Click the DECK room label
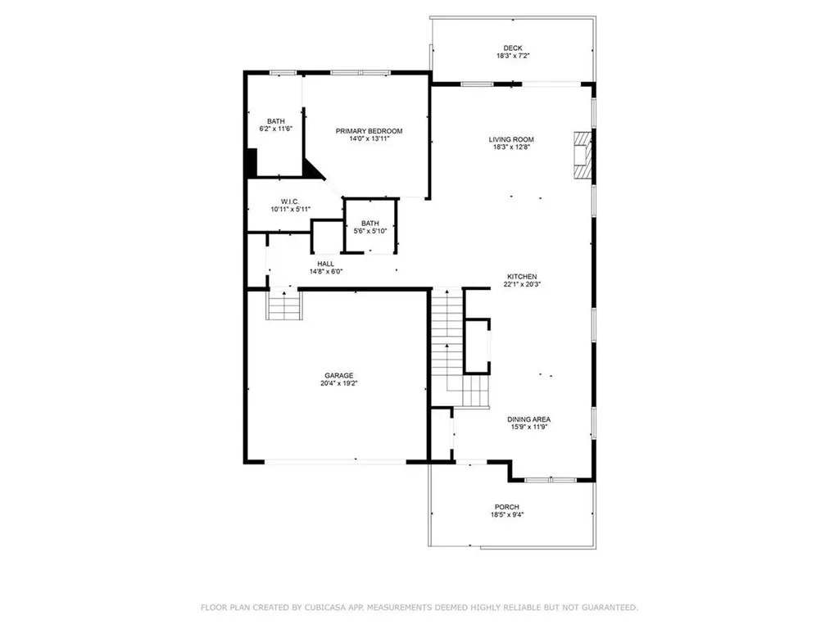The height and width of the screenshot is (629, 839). pos(512,48)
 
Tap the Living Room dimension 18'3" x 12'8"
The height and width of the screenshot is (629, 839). pos(512,147)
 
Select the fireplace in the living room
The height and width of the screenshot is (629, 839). pos(582,154)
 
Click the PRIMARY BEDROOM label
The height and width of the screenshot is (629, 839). pos(369,131)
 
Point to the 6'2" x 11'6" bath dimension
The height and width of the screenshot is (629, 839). pos(275,129)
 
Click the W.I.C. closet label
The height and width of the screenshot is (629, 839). pos(289,201)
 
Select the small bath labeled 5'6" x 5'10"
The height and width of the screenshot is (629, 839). pos(370,227)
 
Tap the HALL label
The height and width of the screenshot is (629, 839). pos(325,264)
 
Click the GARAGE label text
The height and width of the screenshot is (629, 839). pos(338,375)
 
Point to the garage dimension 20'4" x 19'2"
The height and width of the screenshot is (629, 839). pos(338,383)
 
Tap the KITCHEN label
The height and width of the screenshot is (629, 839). pos(521,277)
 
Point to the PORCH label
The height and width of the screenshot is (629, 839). pos(507,507)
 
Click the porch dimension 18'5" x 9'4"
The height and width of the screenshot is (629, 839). pos(507,515)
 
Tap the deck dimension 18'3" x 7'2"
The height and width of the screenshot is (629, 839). pos(512,57)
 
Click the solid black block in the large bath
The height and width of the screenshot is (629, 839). pos(252,161)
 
